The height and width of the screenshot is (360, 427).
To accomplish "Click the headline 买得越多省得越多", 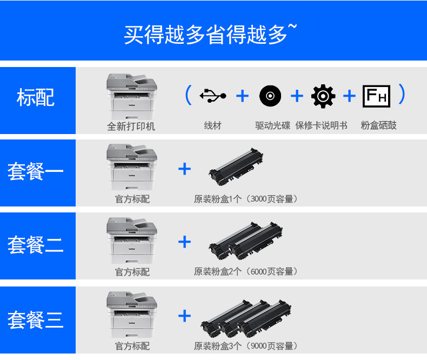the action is click(x=205, y=34).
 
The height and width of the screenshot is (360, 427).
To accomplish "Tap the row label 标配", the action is click(x=36, y=97).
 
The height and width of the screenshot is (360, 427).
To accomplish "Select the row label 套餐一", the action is click(x=35, y=171).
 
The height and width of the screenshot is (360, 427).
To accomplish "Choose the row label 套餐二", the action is click(x=35, y=244).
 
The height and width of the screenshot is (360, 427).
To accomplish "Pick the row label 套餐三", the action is click(x=35, y=319).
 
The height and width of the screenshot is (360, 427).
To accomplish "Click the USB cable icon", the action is click(x=212, y=96).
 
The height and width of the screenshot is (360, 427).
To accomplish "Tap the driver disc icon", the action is click(x=270, y=96).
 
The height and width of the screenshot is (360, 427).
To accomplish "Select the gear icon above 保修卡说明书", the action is click(x=323, y=96).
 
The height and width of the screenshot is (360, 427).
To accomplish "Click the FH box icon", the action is click(x=376, y=96).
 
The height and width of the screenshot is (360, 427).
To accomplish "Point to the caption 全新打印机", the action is click(x=131, y=126).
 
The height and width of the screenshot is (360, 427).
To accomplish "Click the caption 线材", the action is click(x=212, y=125).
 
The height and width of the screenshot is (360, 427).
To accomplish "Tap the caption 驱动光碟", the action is click(x=272, y=125).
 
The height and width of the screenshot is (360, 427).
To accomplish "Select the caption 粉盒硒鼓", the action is click(x=378, y=125).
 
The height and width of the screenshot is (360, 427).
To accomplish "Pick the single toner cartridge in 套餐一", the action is click(x=236, y=166).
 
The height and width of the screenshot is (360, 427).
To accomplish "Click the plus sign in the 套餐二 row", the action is click(x=184, y=242).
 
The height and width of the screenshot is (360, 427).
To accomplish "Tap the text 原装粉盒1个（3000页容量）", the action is click(x=245, y=199).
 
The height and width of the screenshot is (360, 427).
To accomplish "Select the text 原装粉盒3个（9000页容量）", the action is click(x=245, y=346).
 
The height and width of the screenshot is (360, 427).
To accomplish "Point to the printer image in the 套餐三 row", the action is click(x=132, y=315).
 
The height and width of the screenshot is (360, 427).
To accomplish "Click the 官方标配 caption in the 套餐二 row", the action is click(x=132, y=272).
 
